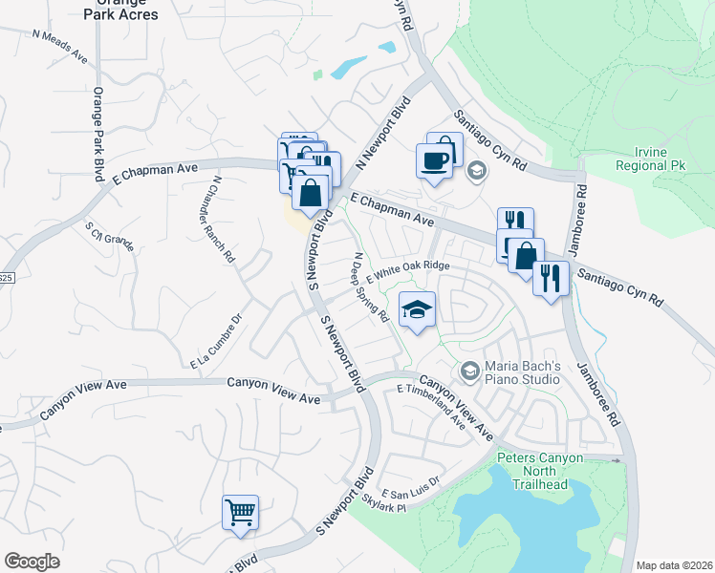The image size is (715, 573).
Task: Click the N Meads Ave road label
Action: tap(59, 46)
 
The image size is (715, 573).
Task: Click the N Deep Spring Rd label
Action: tap(370, 286)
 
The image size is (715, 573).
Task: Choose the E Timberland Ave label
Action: tap(431, 408)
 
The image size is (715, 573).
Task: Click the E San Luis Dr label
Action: tap(410, 486)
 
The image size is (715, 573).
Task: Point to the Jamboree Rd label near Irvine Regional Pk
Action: tap(580, 222)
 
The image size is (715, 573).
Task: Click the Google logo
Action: tap(32, 562)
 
